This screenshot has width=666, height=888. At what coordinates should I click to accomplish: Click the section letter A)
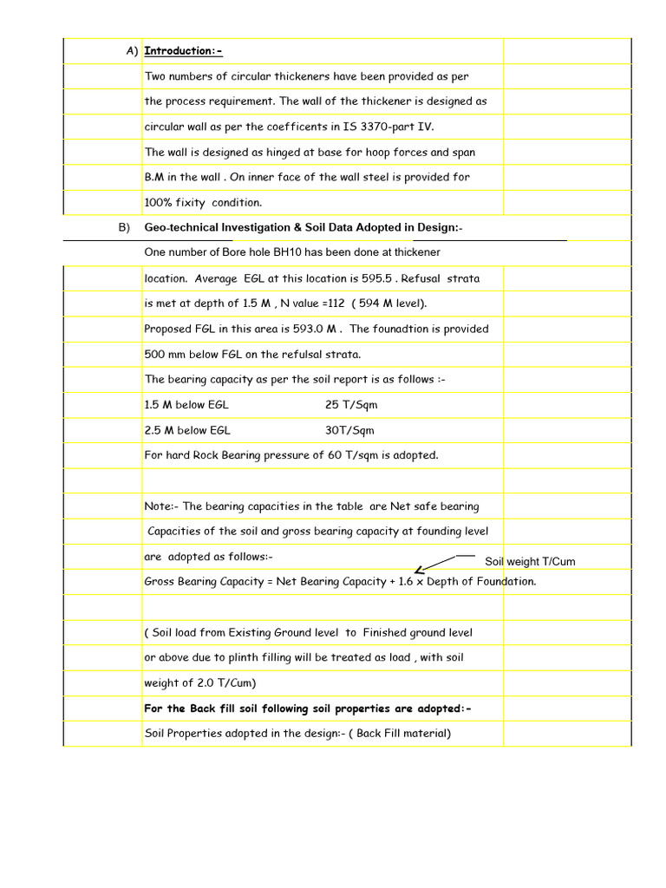point(132,50)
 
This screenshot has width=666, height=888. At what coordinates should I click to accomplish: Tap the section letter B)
point(124,227)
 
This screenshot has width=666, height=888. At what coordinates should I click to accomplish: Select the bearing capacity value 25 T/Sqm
point(351,405)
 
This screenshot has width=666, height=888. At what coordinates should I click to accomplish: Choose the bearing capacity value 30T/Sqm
point(349,430)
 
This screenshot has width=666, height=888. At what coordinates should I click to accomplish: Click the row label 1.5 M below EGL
point(186,405)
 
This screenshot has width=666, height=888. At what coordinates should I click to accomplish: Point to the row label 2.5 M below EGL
point(186,430)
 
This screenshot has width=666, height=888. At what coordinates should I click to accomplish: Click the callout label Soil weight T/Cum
point(529,562)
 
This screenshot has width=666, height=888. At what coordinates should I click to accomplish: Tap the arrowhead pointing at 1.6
point(419,571)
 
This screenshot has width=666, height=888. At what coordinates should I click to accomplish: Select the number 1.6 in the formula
point(407,582)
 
